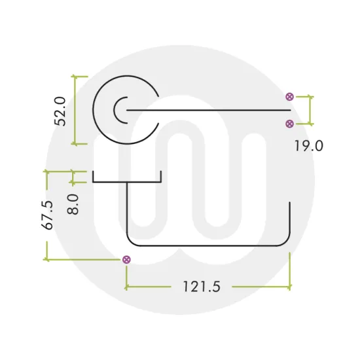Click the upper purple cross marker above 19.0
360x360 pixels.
click(290, 97)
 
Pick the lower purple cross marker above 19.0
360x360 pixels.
click(290, 123)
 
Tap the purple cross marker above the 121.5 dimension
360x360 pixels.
click(126, 260)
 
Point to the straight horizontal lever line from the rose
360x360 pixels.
click(209, 111)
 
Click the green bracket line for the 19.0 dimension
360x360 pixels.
click(310, 110)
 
